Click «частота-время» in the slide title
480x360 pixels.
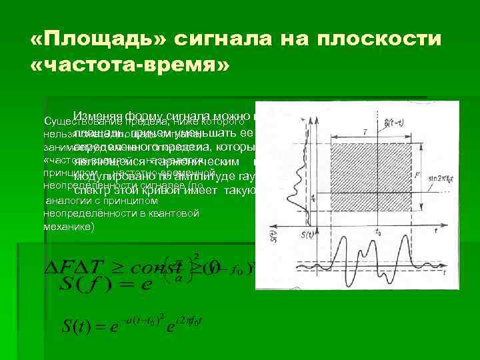pos(129,65)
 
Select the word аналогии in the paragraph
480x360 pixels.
pos(65,200)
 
